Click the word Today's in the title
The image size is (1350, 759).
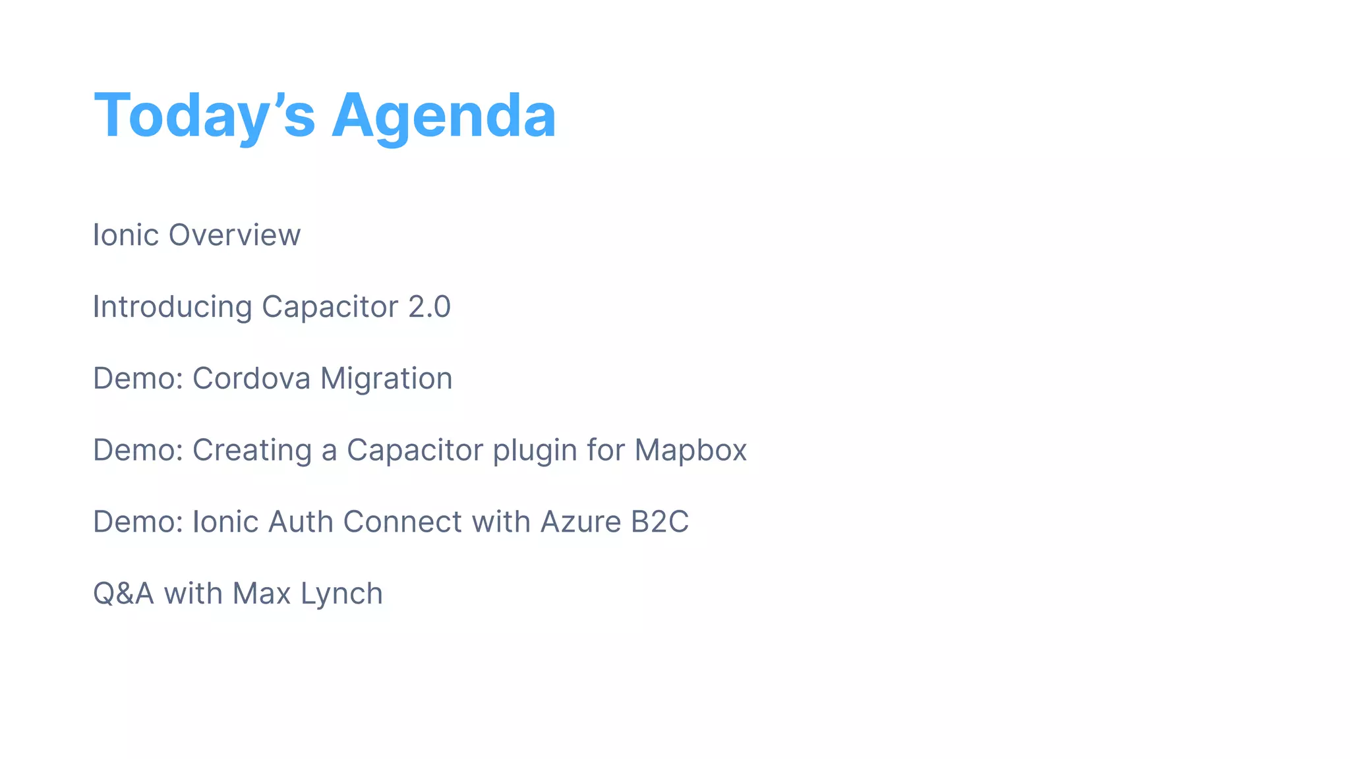point(204,116)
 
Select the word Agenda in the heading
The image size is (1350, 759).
point(444,116)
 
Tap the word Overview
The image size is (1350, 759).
point(235,235)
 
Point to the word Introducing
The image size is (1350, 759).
point(172,307)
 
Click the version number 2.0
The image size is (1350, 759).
point(429,307)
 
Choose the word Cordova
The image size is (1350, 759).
point(251,379)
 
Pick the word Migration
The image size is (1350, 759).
point(386,379)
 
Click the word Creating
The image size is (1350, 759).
point(251,451)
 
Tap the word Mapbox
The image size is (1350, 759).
point(690,451)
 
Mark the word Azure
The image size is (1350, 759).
point(580,522)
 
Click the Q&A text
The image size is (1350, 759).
point(123,594)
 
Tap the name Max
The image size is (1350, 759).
point(262,594)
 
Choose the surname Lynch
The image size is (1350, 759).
point(341,594)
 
